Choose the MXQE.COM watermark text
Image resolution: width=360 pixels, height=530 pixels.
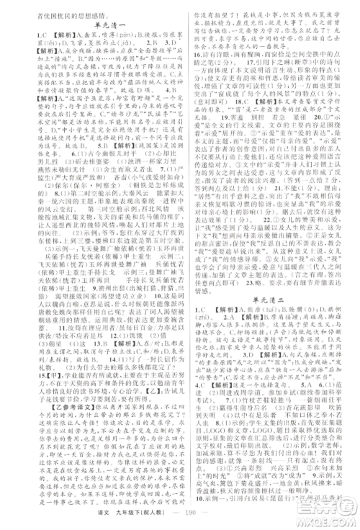(x=332, y=516)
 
